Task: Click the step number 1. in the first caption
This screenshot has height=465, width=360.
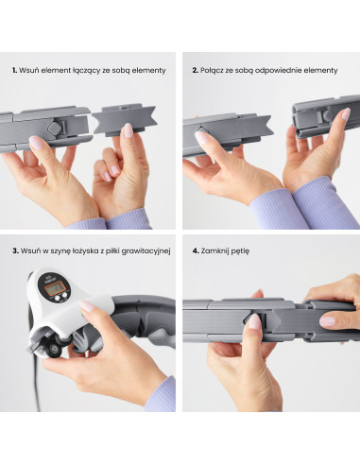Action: [x=14, y=70]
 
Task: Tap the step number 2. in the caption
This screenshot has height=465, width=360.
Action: [x=195, y=70]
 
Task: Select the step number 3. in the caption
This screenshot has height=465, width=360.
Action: [x=15, y=251]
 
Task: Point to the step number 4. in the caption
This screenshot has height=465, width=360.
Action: [x=196, y=251]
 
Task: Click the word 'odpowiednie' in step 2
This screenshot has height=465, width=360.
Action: [x=276, y=71]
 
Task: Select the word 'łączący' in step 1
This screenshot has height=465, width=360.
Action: [x=87, y=71]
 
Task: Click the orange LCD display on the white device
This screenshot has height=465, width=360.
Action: [x=54, y=289]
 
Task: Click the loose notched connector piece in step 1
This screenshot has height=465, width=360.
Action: [x=125, y=120]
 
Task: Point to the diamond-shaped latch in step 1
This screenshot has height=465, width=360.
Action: [x=54, y=128]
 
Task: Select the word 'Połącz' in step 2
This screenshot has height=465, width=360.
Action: [x=211, y=71]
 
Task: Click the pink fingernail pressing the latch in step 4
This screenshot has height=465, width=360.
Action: [x=254, y=321]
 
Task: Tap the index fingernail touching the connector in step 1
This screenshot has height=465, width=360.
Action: [x=129, y=130]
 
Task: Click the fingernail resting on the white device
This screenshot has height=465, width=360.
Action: [x=86, y=305]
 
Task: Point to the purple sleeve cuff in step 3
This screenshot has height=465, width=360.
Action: [x=162, y=395]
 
